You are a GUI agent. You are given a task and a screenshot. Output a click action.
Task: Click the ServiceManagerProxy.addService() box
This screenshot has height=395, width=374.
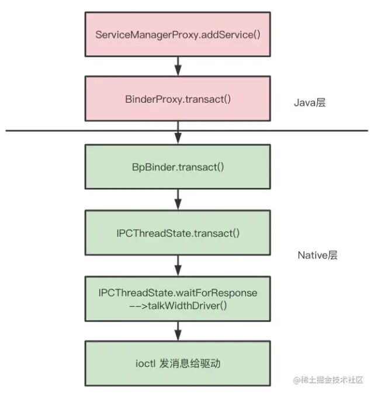[178, 33]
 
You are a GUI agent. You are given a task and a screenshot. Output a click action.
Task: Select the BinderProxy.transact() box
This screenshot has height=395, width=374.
[178, 99]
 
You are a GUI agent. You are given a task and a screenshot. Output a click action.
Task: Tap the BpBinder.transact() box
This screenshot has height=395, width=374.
[178, 166]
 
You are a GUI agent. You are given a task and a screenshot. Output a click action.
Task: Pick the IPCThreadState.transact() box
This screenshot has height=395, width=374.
[178, 233]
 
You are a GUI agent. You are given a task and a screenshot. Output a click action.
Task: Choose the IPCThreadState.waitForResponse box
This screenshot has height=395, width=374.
[178, 298]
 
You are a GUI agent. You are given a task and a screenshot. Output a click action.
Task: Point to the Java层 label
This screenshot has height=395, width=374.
[309, 103]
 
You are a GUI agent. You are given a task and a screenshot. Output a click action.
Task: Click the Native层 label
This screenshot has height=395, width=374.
[317, 255]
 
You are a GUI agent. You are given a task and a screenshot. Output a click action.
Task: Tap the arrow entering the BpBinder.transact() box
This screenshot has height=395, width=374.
[178, 136]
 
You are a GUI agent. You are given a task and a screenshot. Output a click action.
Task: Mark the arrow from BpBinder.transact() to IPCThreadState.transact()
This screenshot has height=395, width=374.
[178, 200]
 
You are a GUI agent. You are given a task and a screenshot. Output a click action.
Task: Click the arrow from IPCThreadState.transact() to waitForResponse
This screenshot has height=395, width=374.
[178, 265]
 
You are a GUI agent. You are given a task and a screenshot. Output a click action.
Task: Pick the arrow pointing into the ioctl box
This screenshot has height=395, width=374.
[178, 331]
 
